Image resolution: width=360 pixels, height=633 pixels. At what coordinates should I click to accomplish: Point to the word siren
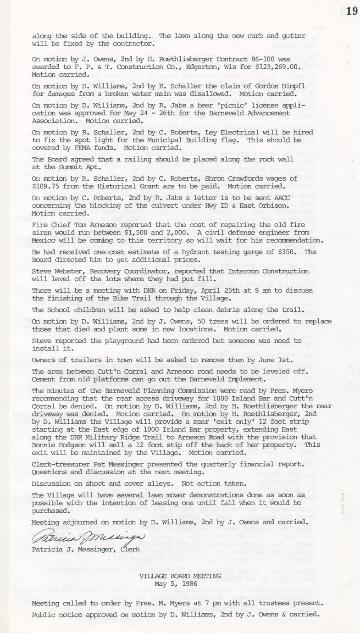point(43,233)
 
